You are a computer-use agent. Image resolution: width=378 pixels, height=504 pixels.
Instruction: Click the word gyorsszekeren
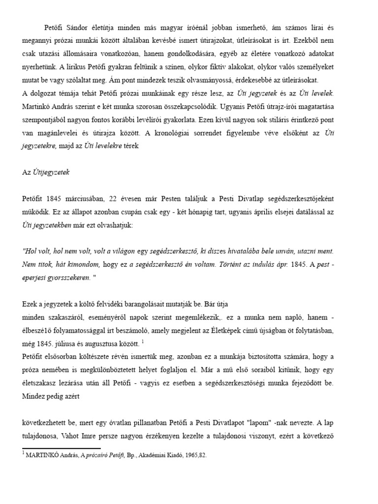[x=74, y=278]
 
